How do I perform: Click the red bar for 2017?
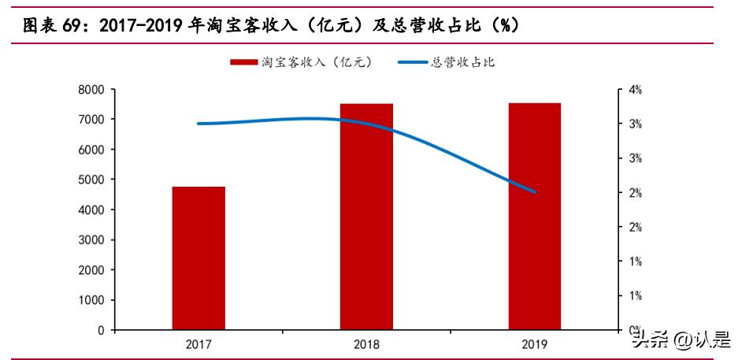click(x=198, y=258)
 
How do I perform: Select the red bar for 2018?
click(x=366, y=217)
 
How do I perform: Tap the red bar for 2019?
click(x=534, y=216)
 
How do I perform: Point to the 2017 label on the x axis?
click(x=198, y=344)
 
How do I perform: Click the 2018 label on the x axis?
click(x=366, y=344)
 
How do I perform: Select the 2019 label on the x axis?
click(x=534, y=344)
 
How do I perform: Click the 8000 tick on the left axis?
click(x=91, y=90)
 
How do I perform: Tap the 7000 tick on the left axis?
click(x=91, y=120)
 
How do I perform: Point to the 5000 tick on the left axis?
click(x=91, y=180)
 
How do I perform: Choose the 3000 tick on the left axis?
click(x=91, y=240)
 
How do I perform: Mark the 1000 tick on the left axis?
click(x=91, y=300)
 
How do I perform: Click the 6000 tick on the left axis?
click(x=91, y=150)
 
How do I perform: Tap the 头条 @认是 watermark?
click(x=681, y=340)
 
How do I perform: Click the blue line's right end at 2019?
click(x=535, y=191)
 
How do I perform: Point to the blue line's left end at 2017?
click(x=198, y=124)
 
